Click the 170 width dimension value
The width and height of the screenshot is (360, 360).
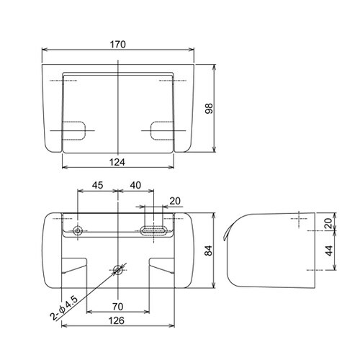point(117,45)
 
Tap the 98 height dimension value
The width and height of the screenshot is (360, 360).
point(209,108)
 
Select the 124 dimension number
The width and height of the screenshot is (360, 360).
point(117,162)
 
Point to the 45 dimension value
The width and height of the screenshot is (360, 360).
point(97,185)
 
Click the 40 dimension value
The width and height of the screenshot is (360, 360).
point(135,185)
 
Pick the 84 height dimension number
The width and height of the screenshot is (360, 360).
point(209,251)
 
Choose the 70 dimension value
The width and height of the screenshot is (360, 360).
point(117,307)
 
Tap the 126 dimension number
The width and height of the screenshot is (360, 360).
point(117,320)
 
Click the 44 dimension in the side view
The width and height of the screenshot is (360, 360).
point(330,251)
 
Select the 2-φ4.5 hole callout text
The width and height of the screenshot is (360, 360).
point(64,309)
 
